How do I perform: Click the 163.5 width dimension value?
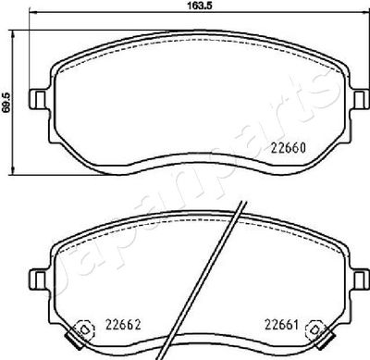[x=201, y=6]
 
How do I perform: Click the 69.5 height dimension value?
[x=7, y=102]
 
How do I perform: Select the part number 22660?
[x=289, y=148]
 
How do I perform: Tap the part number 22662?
[x=123, y=324]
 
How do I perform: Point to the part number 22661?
[x=282, y=325]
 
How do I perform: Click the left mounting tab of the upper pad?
[x=39, y=99]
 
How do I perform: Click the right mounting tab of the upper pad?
[x=360, y=99]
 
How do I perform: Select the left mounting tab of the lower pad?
[x=39, y=279]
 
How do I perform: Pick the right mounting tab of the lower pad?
[x=360, y=279]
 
